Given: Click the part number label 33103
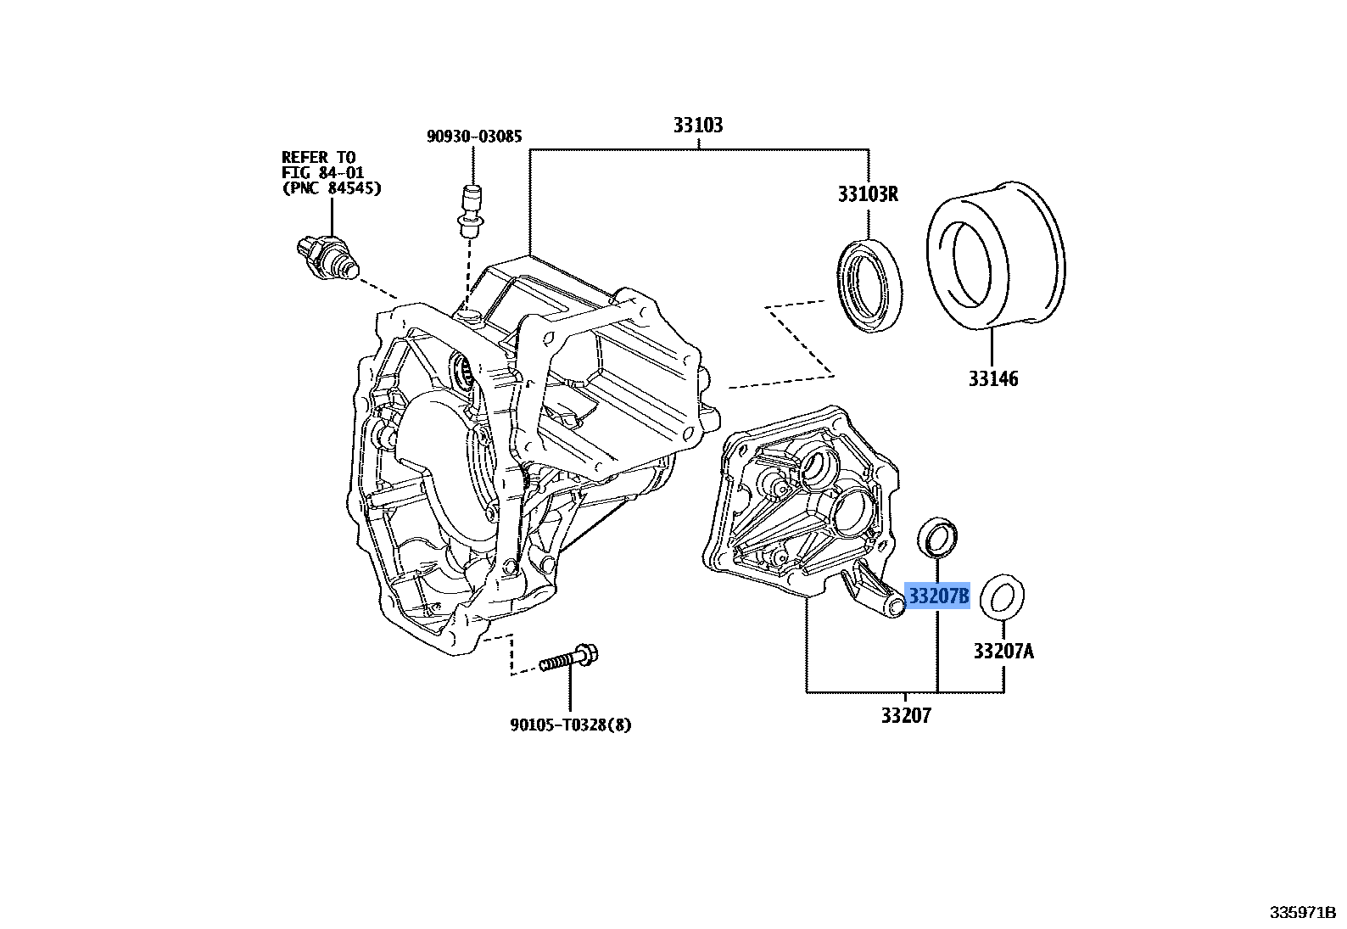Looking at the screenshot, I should click(698, 125).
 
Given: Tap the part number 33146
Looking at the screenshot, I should click(993, 378).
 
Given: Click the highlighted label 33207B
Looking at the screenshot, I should click(938, 596).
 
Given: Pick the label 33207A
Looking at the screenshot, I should click(1003, 652).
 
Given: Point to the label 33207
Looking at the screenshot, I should click(905, 716).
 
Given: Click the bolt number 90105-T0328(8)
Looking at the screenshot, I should click(571, 725).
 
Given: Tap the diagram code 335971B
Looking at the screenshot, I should click(1302, 913).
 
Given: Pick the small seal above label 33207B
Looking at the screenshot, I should click(938, 535).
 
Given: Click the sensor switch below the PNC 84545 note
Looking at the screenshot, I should click(324, 257).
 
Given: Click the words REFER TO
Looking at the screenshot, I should click(318, 157).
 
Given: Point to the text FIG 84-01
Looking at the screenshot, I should click(321, 172).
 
